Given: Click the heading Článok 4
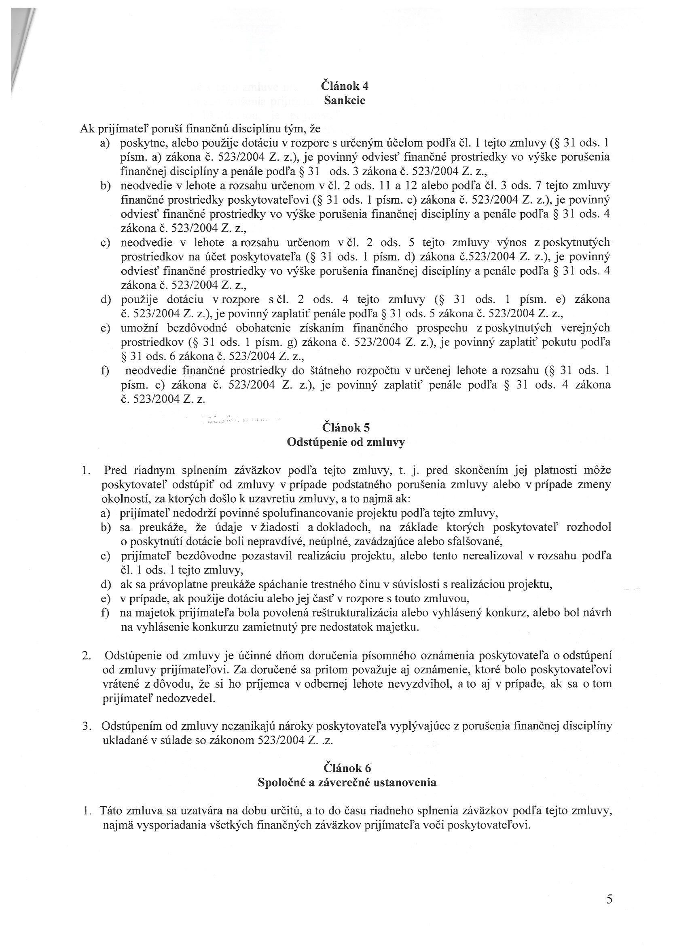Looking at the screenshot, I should click(x=345, y=86).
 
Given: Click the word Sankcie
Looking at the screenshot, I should click(x=345, y=101).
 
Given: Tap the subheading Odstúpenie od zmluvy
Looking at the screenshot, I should click(x=346, y=442).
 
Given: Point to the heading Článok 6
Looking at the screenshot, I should click(x=347, y=768).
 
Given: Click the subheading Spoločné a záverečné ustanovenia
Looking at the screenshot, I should click(x=347, y=782).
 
